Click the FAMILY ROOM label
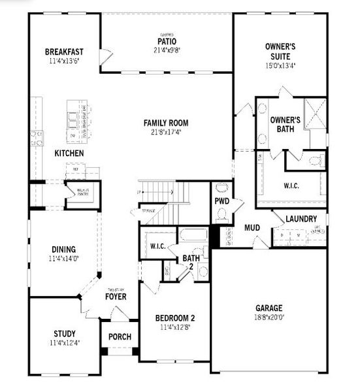[x=167, y=122]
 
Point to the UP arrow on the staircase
[x=140, y=192]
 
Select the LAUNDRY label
[x=301, y=219]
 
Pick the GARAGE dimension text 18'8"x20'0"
[x=269, y=318]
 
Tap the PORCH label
[x=120, y=337]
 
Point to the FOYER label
[x=116, y=297]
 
